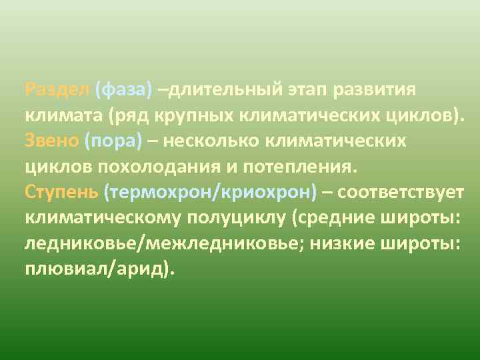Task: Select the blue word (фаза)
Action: (x=124, y=90)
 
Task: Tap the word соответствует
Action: (x=401, y=193)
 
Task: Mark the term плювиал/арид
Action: (x=98, y=269)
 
